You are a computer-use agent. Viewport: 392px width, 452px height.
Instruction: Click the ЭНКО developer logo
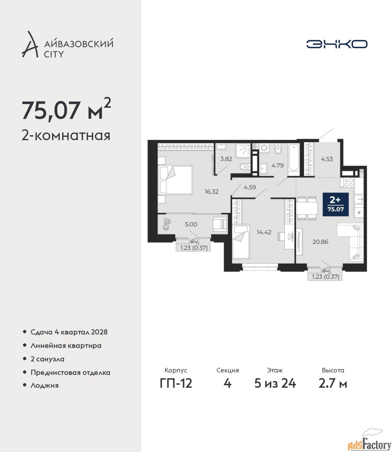pos(337,44)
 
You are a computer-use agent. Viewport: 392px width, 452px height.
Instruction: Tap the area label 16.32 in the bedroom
pos(211,192)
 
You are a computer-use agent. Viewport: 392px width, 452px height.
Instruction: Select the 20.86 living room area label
pos(320,242)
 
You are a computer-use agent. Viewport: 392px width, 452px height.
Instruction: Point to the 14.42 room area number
pos(264,232)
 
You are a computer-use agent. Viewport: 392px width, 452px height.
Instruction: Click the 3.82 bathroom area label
pos(226,159)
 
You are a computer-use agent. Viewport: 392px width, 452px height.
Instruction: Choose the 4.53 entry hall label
pos(327,159)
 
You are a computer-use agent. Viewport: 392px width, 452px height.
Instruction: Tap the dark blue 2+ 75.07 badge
pos(335,204)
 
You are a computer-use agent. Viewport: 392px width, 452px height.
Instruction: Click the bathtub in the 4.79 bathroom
pos(293,159)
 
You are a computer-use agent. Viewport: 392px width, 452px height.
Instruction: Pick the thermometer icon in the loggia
pos(166,224)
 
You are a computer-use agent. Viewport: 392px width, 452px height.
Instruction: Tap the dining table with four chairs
pos(307,208)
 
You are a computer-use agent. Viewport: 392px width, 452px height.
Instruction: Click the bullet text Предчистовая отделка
pos(70,372)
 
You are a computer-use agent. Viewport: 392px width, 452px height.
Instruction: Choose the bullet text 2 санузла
pos(47,359)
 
